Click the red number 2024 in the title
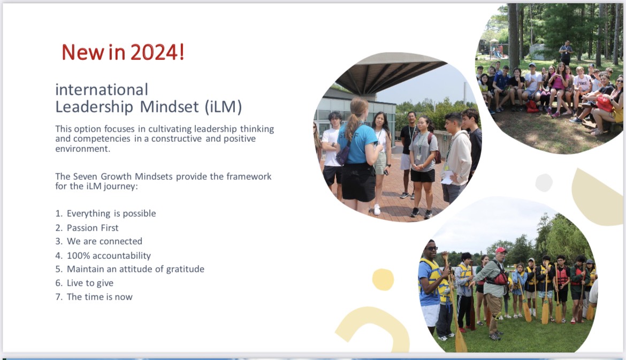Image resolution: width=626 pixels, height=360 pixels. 154,52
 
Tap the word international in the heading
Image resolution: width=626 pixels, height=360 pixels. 102,90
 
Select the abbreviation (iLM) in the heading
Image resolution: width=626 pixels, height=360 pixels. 224,107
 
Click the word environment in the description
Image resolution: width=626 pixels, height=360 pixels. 82,149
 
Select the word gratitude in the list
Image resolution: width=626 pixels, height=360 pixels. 185,270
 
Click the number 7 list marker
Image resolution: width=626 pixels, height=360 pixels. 59,297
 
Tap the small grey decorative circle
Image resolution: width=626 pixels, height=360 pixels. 544,183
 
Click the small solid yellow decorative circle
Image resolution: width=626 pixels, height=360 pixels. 383,279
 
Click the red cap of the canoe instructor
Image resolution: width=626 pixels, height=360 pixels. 501,250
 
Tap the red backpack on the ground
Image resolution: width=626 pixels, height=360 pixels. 532,106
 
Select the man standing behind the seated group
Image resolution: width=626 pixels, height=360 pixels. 566,52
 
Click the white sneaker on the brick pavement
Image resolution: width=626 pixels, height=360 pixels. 377,210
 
